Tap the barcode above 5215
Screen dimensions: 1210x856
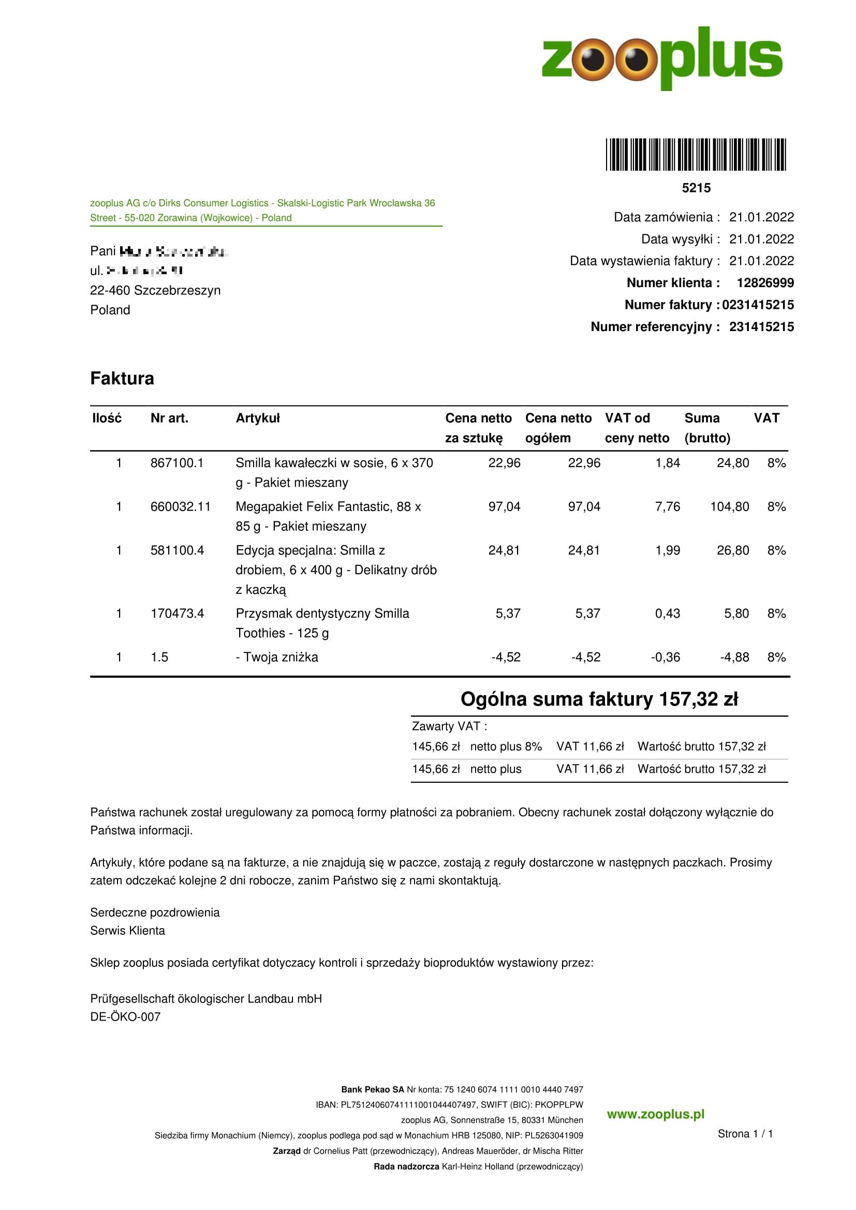point(696,154)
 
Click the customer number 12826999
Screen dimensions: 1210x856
point(765,283)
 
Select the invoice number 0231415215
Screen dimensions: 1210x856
point(758,305)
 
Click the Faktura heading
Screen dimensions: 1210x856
point(122,378)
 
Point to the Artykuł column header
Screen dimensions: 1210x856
point(258,419)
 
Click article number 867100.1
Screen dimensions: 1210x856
point(176,463)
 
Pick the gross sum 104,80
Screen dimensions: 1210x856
point(730,507)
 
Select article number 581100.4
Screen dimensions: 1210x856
point(177,551)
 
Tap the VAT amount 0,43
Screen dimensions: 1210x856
point(667,614)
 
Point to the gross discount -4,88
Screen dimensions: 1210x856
point(734,658)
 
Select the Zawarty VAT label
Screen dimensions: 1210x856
point(449,726)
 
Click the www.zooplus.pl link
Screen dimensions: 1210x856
point(655,1115)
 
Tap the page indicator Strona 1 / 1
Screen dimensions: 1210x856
point(745,1133)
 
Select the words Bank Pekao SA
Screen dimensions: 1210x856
point(373,1089)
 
